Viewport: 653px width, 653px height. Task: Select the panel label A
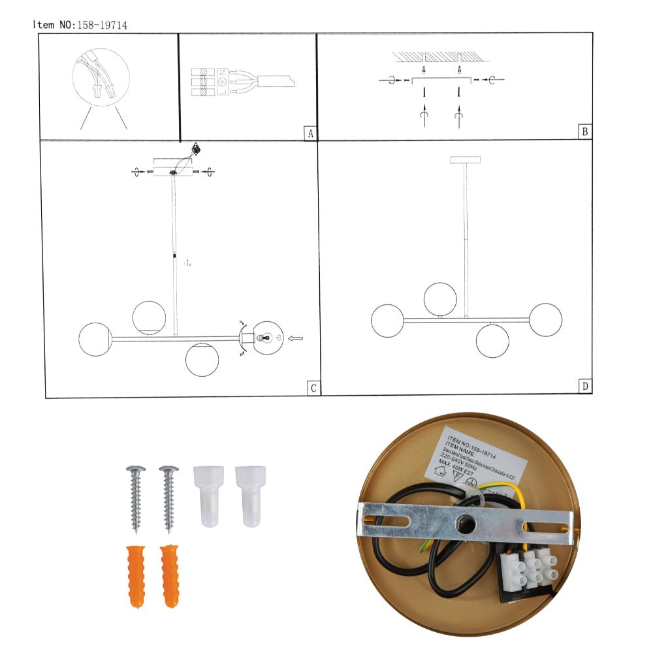tap(310, 133)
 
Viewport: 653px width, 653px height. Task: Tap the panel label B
tap(585, 132)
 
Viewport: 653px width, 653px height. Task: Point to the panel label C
tap(313, 389)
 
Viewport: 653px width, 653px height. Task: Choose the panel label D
tap(586, 387)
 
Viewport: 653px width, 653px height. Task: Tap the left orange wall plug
tap(135, 575)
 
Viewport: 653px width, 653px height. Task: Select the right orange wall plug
tap(170, 575)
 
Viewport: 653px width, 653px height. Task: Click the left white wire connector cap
tap(209, 496)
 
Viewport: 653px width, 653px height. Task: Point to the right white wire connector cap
tap(250, 496)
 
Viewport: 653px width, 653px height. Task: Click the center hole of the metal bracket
tap(466, 522)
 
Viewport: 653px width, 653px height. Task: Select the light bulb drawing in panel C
tap(263, 338)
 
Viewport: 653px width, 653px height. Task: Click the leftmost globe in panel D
tap(388, 321)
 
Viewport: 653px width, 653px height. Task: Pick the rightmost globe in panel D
tap(545, 320)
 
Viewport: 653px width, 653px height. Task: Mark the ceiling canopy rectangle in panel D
tap(465, 160)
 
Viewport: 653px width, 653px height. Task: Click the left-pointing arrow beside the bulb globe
tap(295, 338)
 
